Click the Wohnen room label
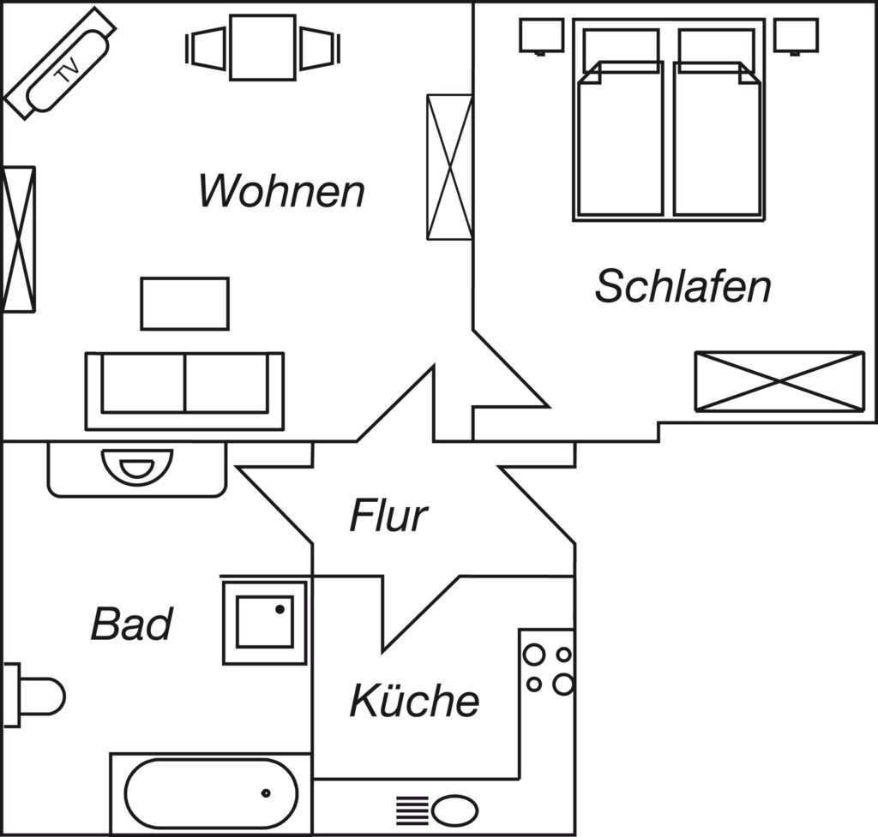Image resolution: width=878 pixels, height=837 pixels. [x=281, y=191]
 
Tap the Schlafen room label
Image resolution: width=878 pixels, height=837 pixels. [x=683, y=286]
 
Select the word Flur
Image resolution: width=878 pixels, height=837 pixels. [x=388, y=515]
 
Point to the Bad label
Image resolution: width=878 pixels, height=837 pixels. [x=131, y=624]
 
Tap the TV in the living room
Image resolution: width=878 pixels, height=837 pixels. [x=61, y=63]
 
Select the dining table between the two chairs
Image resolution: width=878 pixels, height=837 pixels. [x=262, y=48]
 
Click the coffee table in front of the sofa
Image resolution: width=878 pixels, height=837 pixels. [x=185, y=304]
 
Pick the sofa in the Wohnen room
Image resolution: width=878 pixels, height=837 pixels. [x=185, y=391]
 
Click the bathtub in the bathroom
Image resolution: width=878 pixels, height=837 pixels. [x=211, y=793]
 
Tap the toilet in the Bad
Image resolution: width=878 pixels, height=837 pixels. [x=33, y=696]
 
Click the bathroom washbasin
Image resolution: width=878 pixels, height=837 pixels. [x=137, y=467]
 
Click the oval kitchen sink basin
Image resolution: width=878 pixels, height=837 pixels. [x=454, y=810]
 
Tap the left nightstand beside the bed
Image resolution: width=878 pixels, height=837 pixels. [x=541, y=36]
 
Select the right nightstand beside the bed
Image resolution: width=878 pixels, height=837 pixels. [x=796, y=36]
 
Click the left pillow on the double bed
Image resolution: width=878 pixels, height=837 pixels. [x=621, y=46]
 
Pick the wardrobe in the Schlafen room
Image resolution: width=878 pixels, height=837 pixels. [x=779, y=381]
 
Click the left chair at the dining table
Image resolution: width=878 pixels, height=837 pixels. [x=206, y=48]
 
